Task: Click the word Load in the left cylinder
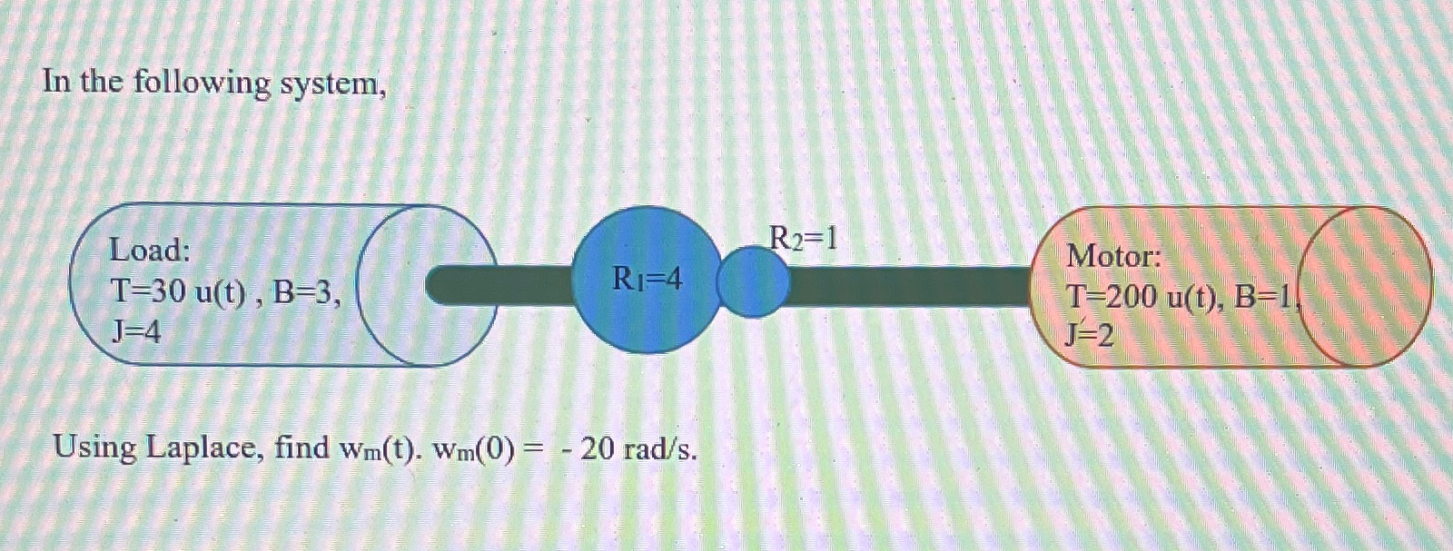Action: coord(149,249)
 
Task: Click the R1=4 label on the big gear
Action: coord(647,279)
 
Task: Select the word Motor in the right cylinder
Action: coord(1113,256)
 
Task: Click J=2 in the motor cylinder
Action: coord(1090,337)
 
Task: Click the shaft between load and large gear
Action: coord(504,283)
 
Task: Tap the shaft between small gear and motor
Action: coord(908,285)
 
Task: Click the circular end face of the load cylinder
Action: coord(427,285)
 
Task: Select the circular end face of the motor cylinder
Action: coord(1366,285)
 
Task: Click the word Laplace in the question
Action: coord(202,448)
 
